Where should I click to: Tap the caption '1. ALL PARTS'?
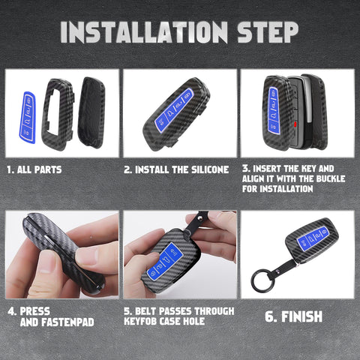click(x=34, y=170)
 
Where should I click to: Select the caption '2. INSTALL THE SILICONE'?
click(x=175, y=170)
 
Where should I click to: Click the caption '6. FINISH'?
click(x=293, y=316)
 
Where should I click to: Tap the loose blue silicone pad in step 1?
click(x=26, y=117)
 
